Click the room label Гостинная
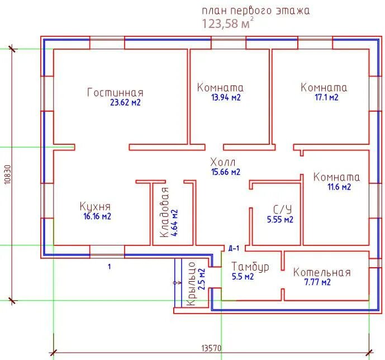115,93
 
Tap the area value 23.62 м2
126,102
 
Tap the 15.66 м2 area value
226,172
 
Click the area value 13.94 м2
226,97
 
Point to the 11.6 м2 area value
339,187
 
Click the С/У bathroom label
282,210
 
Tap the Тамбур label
250,267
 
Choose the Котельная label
322,273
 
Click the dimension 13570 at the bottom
211,348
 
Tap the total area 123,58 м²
227,23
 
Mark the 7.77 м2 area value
317,282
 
